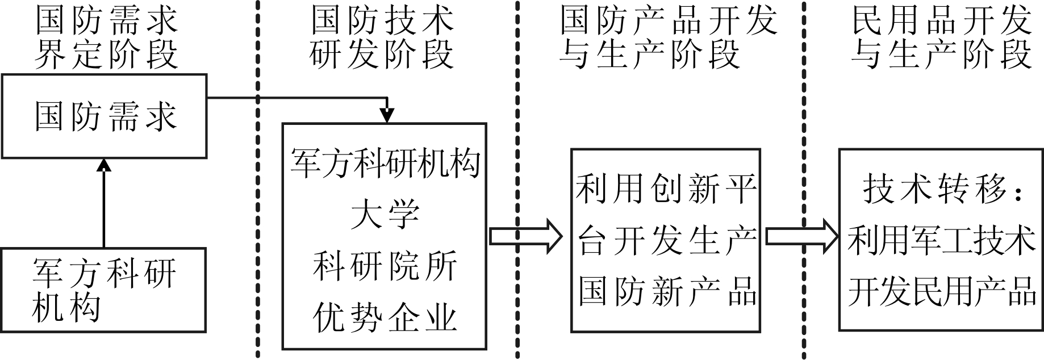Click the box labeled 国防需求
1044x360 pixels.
(x=104, y=116)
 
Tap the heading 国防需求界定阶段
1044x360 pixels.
(x=106, y=38)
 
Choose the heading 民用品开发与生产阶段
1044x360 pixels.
(x=941, y=38)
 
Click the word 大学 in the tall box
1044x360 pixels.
(x=385, y=215)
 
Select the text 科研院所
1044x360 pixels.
(x=385, y=266)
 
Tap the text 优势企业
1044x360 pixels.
(x=385, y=317)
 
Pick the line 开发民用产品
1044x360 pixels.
(x=941, y=292)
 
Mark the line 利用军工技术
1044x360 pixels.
(x=941, y=241)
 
